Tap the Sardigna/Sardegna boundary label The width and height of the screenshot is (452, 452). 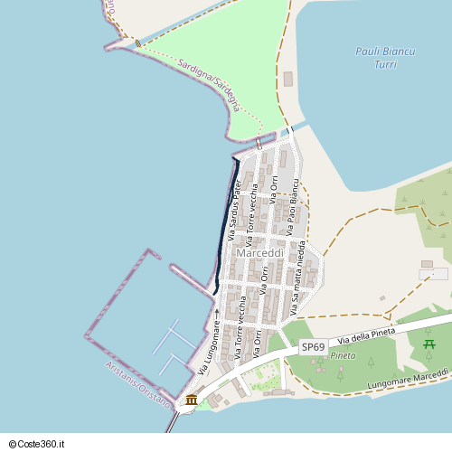(x=210, y=85)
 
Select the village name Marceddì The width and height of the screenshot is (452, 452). (x=259, y=253)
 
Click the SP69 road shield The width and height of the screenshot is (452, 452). (x=313, y=346)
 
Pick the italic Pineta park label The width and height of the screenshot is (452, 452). (x=343, y=355)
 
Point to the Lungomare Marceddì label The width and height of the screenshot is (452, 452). (x=409, y=380)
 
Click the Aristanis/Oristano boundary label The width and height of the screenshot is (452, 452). (x=137, y=385)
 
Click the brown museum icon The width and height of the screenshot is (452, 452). (x=191, y=400)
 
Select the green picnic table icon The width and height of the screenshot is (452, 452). (x=428, y=344)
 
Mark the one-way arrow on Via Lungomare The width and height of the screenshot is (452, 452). (x=217, y=313)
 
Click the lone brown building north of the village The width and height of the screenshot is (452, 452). (x=288, y=79)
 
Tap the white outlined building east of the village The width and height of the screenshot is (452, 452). (x=434, y=273)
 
